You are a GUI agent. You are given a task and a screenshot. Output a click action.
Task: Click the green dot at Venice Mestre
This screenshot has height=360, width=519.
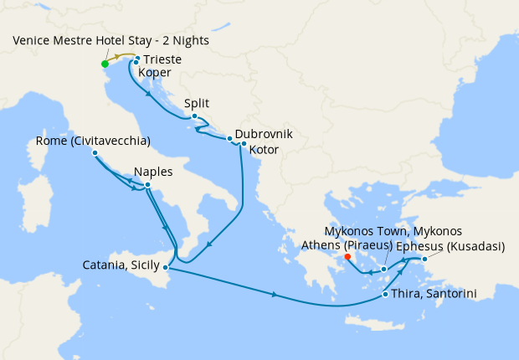105,64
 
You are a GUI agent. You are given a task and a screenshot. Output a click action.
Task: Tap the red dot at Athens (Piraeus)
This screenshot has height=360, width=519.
347,257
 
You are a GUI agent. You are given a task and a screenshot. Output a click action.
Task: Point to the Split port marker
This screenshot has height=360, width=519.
194,116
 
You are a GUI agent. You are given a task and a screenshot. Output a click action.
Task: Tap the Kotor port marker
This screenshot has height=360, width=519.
244,144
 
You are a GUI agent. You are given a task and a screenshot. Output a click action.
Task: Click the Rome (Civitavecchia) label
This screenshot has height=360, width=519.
93,140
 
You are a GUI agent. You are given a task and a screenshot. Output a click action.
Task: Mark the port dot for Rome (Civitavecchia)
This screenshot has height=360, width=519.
95,153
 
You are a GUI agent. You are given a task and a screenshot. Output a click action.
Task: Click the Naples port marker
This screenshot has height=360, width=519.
147,185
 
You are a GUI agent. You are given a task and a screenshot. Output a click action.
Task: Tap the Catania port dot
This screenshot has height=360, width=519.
167,268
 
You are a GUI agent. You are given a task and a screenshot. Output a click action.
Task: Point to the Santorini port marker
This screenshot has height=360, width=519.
384,294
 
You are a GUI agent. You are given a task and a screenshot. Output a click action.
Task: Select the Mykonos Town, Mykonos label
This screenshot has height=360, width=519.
393,231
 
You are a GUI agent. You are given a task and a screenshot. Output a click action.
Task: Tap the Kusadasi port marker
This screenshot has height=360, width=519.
424,260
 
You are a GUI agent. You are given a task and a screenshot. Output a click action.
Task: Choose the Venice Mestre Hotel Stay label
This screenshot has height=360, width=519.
110,41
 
